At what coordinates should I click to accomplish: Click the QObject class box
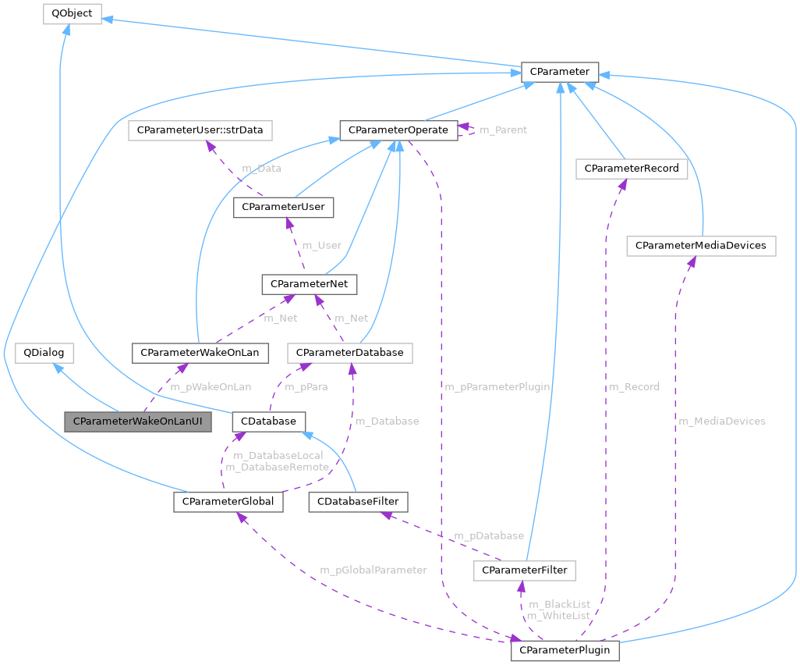pyautogui.click(x=72, y=14)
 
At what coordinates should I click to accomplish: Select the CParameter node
pyautogui.click(x=559, y=72)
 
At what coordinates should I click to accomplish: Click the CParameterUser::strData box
pyautogui.click(x=200, y=130)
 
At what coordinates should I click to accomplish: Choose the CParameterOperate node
pyautogui.click(x=398, y=130)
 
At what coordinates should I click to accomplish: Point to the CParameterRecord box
pyautogui.click(x=631, y=168)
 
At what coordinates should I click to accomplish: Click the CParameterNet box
pyautogui.click(x=310, y=284)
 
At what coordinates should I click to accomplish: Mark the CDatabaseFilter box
pyautogui.click(x=358, y=501)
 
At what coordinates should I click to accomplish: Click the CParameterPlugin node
pyautogui.click(x=565, y=650)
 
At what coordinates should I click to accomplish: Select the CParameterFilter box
pyautogui.click(x=525, y=571)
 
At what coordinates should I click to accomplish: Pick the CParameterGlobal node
pyautogui.click(x=228, y=501)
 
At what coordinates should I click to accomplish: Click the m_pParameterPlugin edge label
pyautogui.click(x=497, y=386)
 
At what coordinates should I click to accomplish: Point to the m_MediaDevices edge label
pyautogui.click(x=722, y=421)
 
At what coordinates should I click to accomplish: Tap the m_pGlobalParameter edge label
pyautogui.click(x=373, y=570)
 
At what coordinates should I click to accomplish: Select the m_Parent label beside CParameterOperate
pyautogui.click(x=503, y=130)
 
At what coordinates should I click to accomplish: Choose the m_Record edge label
pyautogui.click(x=634, y=386)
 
